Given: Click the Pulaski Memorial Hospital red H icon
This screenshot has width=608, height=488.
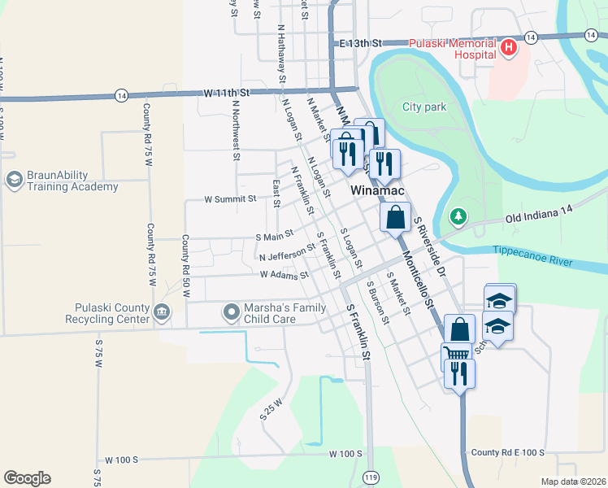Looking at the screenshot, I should point(510,48).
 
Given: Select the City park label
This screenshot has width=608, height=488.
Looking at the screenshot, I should point(424,107).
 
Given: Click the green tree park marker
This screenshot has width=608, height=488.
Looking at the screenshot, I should point(459,216).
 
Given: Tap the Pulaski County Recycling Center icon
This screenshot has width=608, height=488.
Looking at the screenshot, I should point(161,310).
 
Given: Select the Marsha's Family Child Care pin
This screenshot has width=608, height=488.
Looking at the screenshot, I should point(231,310).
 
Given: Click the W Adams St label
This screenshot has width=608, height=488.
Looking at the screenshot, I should point(284,275).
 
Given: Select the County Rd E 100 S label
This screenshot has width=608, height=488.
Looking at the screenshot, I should point(506,452).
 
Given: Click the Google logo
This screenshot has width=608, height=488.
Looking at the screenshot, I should point(27,478).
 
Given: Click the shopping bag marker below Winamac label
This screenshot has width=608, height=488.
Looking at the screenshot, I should point(395,217).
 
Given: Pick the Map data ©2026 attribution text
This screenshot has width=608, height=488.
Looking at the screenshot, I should point(573,481).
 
